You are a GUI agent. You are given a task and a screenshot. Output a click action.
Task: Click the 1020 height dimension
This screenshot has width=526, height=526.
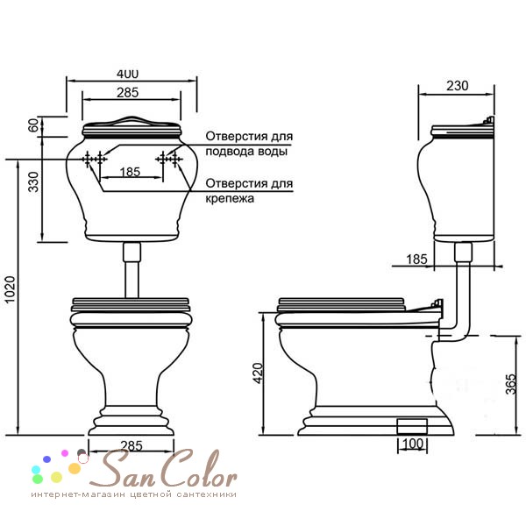coord(10,289)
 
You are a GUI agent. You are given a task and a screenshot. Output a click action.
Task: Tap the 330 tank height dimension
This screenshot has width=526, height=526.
coord(33,181)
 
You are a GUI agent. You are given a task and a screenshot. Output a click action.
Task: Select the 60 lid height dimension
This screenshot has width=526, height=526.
coord(33,125)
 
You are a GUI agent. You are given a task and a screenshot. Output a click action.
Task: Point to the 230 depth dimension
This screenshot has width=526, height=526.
coord(457,86)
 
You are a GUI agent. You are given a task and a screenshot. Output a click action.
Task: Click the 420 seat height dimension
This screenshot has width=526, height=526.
coord(259,373)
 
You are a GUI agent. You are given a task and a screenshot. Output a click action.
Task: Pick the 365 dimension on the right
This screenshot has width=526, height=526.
coord(510,384)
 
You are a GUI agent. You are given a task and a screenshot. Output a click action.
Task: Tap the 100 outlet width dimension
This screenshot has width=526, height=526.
coord(412,444)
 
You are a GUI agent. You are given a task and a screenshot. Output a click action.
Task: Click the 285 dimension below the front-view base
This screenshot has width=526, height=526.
coord(131,445)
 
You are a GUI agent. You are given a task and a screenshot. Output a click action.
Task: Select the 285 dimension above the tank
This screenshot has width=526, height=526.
coord(127,92)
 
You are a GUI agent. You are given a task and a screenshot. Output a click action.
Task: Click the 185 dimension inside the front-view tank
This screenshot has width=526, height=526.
coord(130,172)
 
